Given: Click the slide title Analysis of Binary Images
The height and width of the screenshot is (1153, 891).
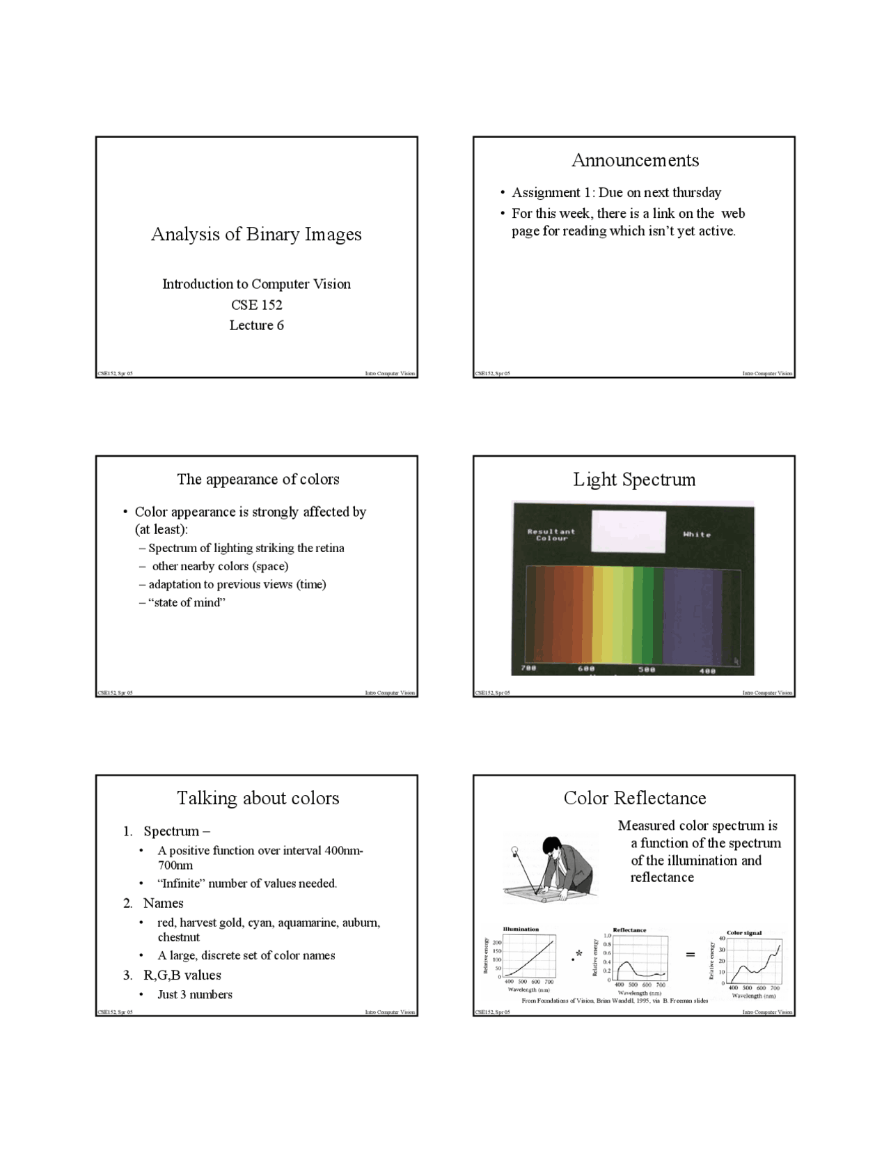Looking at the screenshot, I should pyautogui.click(x=256, y=234).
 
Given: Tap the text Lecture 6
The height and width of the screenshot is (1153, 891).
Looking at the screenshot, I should pyautogui.click(x=256, y=325).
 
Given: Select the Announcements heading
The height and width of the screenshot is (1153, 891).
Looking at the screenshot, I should pyautogui.click(x=635, y=160).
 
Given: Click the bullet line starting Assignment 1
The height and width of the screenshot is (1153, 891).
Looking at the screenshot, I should pyautogui.click(x=616, y=192).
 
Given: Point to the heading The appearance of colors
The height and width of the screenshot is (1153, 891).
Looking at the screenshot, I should pyautogui.click(x=258, y=479).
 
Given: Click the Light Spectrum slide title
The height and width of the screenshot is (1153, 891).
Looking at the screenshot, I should pyautogui.click(x=634, y=479).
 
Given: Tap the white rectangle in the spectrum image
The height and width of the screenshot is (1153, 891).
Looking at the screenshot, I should pyautogui.click(x=628, y=531).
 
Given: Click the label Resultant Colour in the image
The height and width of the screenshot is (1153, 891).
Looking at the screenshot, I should pyautogui.click(x=551, y=535).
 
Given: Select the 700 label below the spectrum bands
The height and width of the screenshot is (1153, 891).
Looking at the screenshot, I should pyautogui.click(x=528, y=668).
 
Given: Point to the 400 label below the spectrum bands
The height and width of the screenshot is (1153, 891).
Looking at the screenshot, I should pyautogui.click(x=707, y=670).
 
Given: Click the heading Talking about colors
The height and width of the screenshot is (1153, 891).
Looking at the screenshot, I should pyautogui.click(x=258, y=798).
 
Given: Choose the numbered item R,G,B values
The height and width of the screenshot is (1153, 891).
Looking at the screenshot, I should pyautogui.click(x=182, y=975).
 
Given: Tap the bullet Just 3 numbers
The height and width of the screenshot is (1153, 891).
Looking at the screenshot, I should pyautogui.click(x=194, y=994).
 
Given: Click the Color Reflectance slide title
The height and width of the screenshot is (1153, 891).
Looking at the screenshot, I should pyautogui.click(x=634, y=798).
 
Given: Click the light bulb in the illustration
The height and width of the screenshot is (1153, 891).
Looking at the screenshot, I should pyautogui.click(x=515, y=850).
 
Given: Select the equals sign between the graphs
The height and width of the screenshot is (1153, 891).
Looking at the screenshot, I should pyautogui.click(x=690, y=955).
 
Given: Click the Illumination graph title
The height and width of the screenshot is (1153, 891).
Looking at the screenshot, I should pyautogui.click(x=521, y=929).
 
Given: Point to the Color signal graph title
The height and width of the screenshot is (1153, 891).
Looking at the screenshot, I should pyautogui.click(x=743, y=932).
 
